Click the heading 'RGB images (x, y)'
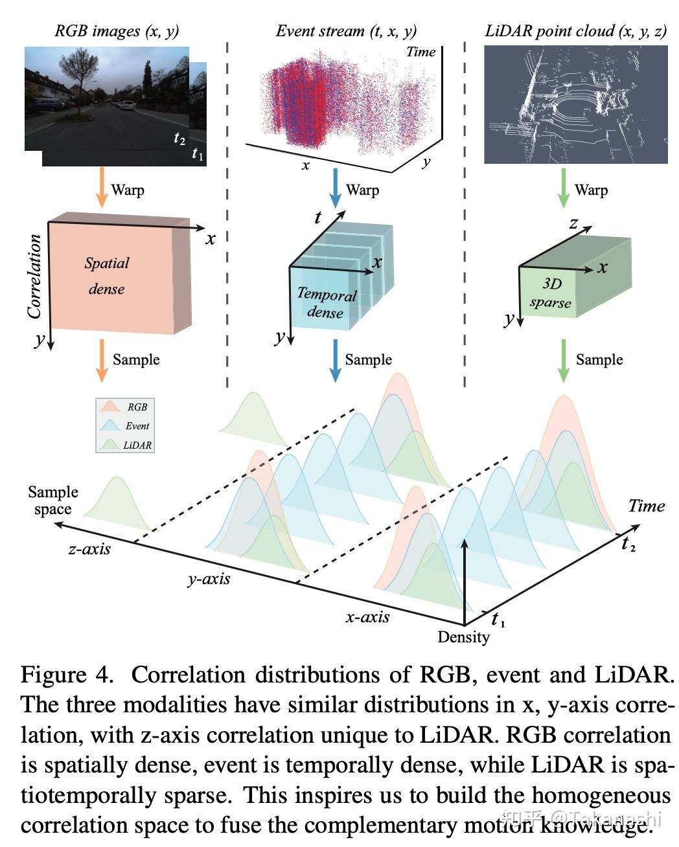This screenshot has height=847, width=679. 117,31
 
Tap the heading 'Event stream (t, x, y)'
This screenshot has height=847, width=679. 346,31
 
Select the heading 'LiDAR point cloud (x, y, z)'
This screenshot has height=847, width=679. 575,31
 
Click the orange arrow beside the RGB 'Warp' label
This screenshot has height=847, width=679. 100,188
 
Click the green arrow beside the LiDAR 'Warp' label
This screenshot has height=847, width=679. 563,188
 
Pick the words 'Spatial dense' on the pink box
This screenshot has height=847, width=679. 107,276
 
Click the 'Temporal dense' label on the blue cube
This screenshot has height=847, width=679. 326,303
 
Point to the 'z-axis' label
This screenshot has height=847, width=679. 89,549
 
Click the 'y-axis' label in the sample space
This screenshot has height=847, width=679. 209,578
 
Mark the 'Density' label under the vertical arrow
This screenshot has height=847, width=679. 463,637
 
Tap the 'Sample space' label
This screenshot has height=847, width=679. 52,501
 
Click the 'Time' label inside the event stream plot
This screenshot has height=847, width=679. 420,52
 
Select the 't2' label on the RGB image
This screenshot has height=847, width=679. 179,138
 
